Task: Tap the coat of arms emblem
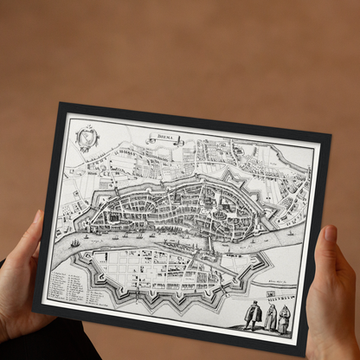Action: pyautogui.click(x=87, y=137)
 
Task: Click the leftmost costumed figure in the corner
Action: pyautogui.click(x=252, y=314)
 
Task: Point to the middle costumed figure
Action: pyautogui.click(x=269, y=318)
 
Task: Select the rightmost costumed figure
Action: pyautogui.click(x=284, y=320)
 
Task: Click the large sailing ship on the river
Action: pyautogui.click(x=75, y=243)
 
